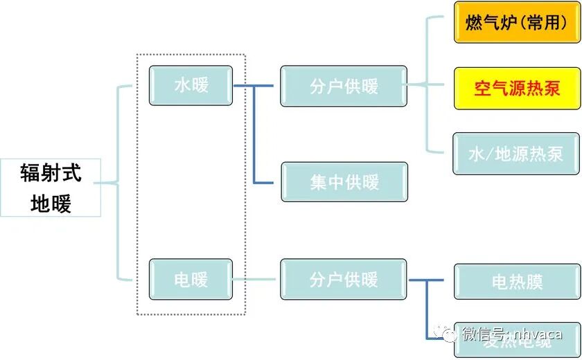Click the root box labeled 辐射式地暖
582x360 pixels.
[51, 188]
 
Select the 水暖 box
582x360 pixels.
[191, 85]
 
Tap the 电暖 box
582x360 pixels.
[191, 280]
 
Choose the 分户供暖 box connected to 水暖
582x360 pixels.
[344, 87]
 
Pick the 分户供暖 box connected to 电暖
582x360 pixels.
[344, 280]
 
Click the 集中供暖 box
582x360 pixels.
[344, 182]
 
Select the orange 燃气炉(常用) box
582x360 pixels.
[517, 23]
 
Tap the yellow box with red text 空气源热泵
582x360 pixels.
[517, 89]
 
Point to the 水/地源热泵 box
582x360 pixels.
[517, 154]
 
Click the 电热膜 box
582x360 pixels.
[517, 282]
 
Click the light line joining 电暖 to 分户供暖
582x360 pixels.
[256, 280]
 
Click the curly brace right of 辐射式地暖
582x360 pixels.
[118, 183]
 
